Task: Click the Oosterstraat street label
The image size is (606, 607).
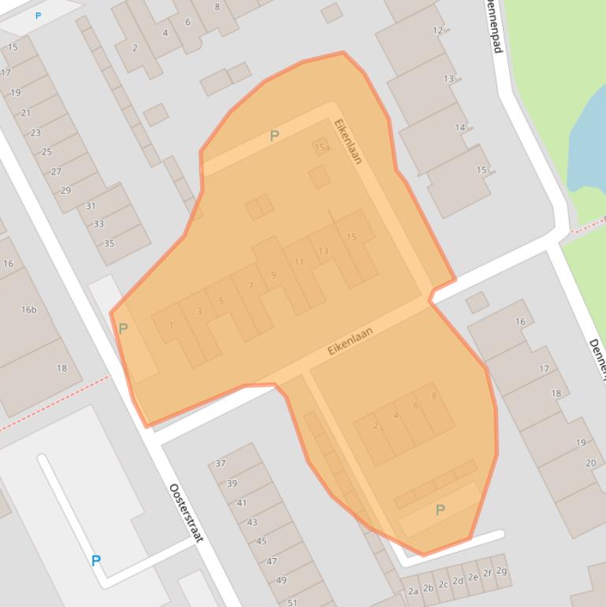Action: pos(186,512)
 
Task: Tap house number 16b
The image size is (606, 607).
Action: pos(28,310)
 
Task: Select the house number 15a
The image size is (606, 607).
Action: pos(322,147)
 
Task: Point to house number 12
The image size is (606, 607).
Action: pos(438,31)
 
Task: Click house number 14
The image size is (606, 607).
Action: pos(460,128)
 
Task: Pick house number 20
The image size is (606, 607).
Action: pos(591,463)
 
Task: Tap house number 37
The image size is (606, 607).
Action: pos(221,464)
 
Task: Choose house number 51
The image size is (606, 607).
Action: pos(292,602)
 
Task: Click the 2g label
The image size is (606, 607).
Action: pos(501,571)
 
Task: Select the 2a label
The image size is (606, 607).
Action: pos(413,591)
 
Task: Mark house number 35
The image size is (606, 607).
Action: pos(110,243)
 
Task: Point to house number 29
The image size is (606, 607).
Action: pos(65,190)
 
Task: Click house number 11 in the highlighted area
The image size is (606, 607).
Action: pos(299,263)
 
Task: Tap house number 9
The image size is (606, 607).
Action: pos(273,275)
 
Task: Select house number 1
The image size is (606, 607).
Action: pos(171,325)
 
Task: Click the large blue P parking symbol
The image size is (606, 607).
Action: pos(96,560)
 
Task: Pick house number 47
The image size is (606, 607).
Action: pos(272,561)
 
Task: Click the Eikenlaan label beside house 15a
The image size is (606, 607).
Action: pos(348,141)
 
